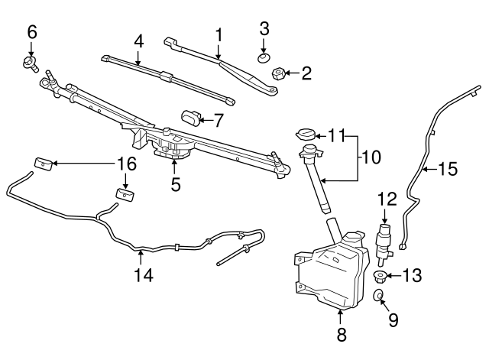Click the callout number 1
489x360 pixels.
219,34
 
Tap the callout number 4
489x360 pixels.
138,41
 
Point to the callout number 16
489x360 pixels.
126,163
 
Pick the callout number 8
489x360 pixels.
342,334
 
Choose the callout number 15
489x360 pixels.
449,169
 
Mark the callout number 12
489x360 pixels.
387,199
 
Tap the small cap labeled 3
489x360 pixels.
264,57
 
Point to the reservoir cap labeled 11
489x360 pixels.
306,134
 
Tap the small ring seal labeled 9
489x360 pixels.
377,295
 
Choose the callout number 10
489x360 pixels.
371,157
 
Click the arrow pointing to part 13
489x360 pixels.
393,276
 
